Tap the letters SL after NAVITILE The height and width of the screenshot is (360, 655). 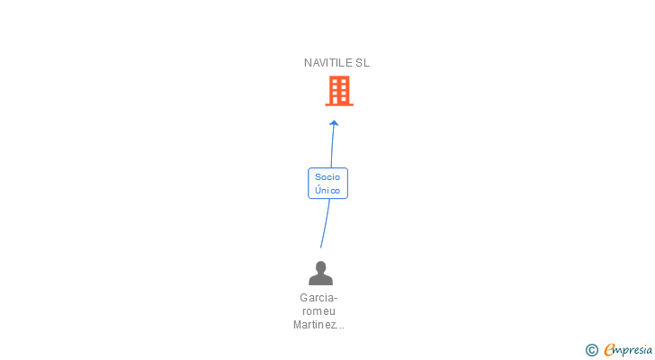363,63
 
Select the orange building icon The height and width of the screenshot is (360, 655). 339,90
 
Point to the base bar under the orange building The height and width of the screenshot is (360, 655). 339,104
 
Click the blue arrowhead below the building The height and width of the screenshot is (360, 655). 334,123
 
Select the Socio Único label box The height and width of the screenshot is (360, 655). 327,184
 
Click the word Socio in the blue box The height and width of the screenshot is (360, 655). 327,177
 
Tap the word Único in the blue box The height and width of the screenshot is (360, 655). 327,191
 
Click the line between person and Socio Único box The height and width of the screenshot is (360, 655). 325,223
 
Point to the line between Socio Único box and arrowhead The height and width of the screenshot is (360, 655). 333,147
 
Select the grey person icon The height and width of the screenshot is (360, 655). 320,274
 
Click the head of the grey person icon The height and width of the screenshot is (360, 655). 320,267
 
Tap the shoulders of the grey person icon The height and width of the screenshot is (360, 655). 320,280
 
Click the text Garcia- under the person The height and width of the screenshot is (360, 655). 319,298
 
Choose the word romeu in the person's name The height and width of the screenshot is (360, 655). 319,311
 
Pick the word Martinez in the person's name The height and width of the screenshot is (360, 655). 314,325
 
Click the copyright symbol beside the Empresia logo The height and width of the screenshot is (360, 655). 592,350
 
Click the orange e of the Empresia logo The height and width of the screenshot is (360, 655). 610,350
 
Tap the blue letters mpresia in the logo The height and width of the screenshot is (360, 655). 633,350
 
